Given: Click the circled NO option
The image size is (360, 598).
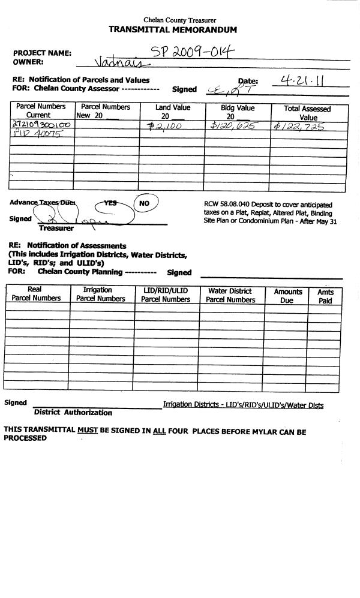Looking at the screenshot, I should [144, 203].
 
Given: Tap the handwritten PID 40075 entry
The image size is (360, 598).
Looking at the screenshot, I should [38, 134].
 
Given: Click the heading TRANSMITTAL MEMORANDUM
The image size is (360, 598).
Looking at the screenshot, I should [173, 30].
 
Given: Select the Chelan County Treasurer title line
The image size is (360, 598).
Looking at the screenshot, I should [180, 20].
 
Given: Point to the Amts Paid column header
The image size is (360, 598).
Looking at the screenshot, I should [325, 296].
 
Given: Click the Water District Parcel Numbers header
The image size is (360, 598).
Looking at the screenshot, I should [232, 296].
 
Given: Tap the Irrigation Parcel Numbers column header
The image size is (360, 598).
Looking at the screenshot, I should [101, 295].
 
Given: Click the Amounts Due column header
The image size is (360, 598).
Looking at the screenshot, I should [287, 296].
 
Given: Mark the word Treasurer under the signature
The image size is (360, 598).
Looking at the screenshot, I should [56, 229].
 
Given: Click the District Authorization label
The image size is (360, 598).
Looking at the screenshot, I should [73, 413].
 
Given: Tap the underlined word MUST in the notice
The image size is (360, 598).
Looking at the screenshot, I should [88, 432].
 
